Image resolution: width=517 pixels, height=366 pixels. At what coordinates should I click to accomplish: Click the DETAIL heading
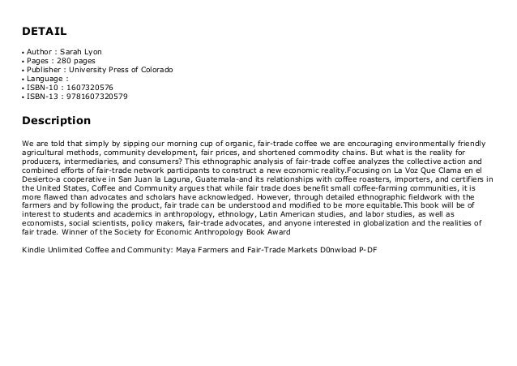point(44,32)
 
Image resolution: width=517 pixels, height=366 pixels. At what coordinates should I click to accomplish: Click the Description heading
point(56,121)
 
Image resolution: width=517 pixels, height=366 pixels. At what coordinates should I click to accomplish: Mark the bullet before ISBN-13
point(23,97)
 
